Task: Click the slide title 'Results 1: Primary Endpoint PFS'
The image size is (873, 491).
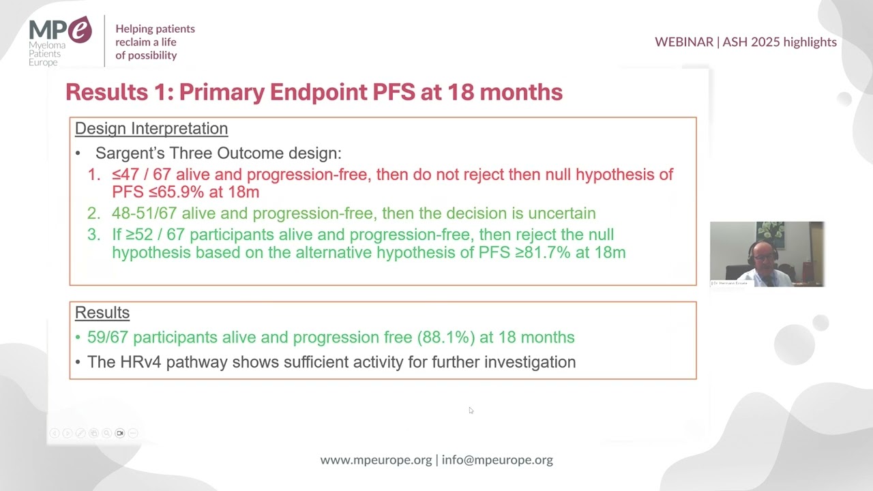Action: click(314, 92)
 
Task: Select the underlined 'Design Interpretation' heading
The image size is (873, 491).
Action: click(151, 128)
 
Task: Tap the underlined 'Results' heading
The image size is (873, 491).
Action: click(102, 312)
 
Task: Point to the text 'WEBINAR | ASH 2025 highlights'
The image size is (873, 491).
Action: click(745, 42)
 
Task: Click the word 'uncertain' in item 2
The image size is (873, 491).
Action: click(557, 213)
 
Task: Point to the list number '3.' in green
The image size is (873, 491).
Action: click(93, 235)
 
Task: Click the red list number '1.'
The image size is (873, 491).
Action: click(93, 175)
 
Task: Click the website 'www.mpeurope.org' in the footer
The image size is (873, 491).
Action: click(376, 460)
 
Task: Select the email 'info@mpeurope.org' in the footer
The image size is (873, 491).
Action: click(497, 460)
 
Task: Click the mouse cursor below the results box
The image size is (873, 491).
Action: click(471, 410)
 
